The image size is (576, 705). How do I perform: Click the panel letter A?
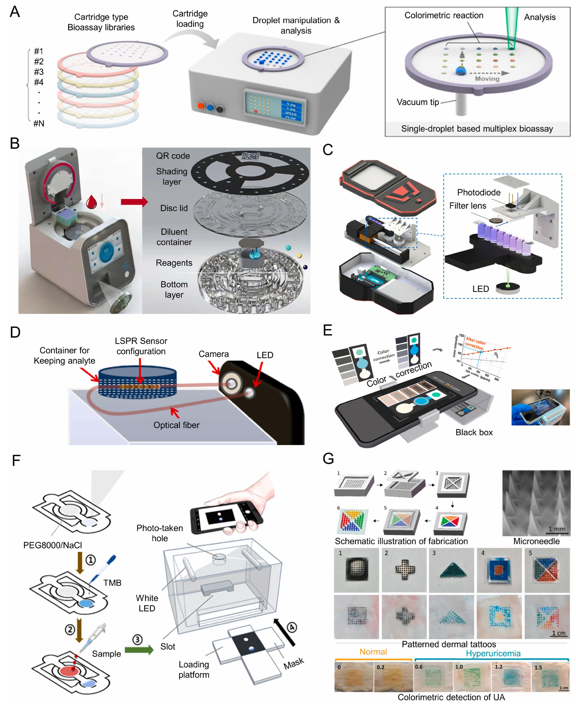pyautogui.click(x=15, y=12)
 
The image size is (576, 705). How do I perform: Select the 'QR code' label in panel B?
pyautogui.click(x=173, y=156)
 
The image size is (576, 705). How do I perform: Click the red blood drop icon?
pyautogui.click(x=91, y=202)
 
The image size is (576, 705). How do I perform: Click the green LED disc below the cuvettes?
pyautogui.click(x=508, y=287)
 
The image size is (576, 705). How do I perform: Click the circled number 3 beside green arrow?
pyautogui.click(x=137, y=640)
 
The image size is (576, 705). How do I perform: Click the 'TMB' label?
pyautogui.click(x=112, y=583)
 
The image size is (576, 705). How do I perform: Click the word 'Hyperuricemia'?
pyautogui.click(x=493, y=653)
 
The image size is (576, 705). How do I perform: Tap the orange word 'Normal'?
pyautogui.click(x=373, y=652)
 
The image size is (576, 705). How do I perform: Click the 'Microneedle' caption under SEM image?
pyautogui.click(x=536, y=541)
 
